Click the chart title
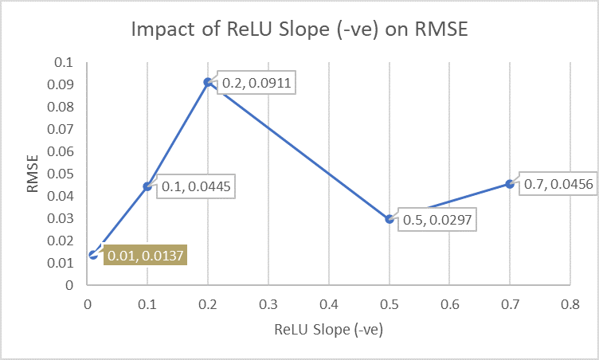tap(299, 32)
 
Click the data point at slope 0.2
tap(208, 82)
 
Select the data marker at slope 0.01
tap(93, 255)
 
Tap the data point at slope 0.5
tap(390, 219)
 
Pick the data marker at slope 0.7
tap(510, 184)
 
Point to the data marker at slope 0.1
tap(147, 186)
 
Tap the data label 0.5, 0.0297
tap(436, 219)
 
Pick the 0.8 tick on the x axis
tap(570, 304)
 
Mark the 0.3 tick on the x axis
tap(268, 304)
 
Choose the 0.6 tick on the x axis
tap(449, 304)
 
